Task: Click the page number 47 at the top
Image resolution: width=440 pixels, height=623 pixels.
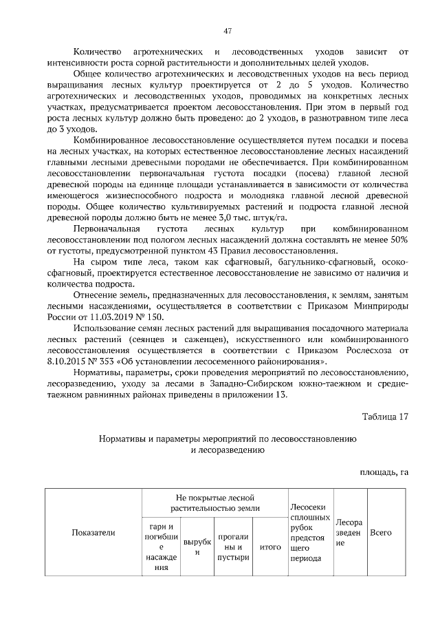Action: coord(227,31)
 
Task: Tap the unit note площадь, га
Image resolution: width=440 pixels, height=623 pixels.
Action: coord(384,472)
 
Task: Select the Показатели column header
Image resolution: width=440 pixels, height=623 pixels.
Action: coord(94,532)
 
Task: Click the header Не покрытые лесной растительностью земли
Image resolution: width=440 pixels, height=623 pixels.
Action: coord(214,501)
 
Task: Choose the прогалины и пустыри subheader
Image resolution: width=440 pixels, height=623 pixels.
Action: coord(232,547)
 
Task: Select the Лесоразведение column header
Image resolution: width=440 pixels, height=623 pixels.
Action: coord(349,532)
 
